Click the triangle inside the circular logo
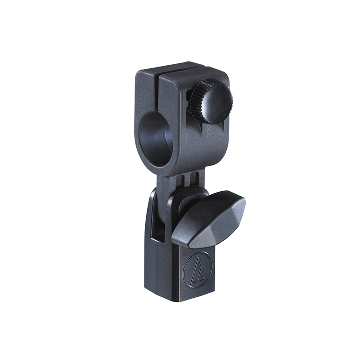tap(196, 273)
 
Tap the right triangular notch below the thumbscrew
tap(210, 130)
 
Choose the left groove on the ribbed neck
tap(182, 180)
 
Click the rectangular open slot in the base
tap(155, 216)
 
